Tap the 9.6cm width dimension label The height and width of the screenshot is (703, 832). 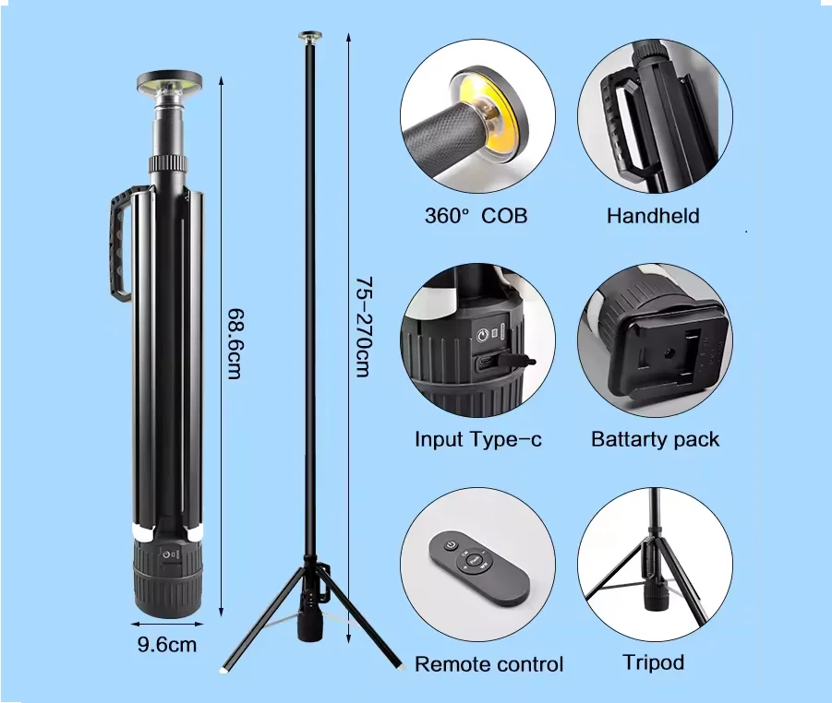[167, 644]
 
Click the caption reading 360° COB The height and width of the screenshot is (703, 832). [476, 216]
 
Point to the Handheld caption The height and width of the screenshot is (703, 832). [653, 216]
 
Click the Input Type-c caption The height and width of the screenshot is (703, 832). [477, 439]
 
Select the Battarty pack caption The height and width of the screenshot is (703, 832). [655, 439]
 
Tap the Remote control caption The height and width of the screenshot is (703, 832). [488, 663]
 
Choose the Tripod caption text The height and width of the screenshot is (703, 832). [653, 662]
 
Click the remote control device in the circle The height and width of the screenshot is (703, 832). [478, 566]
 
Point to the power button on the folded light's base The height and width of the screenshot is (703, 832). [168, 554]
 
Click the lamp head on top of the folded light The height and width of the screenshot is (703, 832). [168, 85]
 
